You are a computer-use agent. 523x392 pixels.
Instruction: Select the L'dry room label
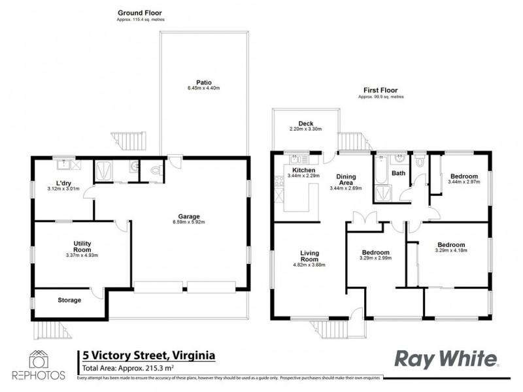(x=63, y=183)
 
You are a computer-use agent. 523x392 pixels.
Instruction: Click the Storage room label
(x=69, y=301)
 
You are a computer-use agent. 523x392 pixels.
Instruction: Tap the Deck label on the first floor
(x=306, y=123)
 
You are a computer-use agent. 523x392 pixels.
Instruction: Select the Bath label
(x=397, y=174)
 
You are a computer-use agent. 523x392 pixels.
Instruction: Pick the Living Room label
(x=309, y=256)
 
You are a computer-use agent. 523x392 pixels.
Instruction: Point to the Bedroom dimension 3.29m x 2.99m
(x=375, y=259)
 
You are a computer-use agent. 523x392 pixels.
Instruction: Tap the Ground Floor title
(x=139, y=12)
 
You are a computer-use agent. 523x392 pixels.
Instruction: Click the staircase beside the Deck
(x=354, y=141)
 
